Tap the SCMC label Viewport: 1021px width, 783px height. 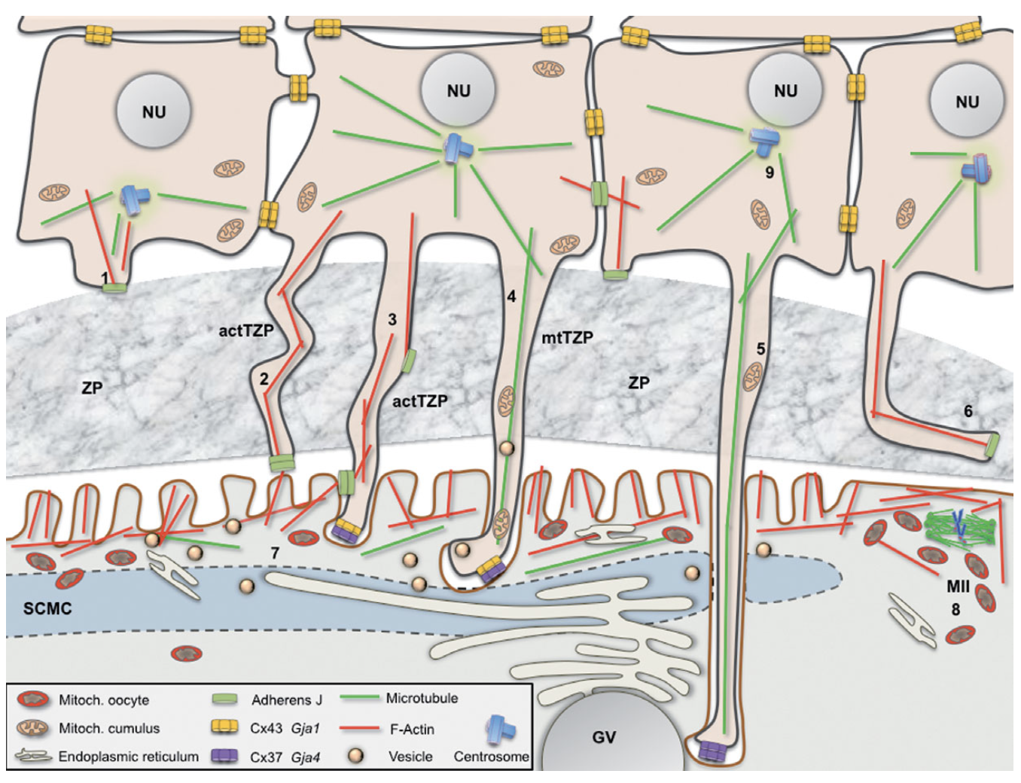click(47, 608)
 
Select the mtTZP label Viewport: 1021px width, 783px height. click(567, 337)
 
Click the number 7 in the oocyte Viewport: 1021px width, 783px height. click(275, 553)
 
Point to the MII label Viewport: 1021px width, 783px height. click(957, 586)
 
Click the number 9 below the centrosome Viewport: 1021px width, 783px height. click(769, 172)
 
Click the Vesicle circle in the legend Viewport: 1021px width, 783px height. click(356, 755)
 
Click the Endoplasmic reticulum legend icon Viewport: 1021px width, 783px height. click(34, 756)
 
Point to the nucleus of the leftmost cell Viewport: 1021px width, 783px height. click(154, 111)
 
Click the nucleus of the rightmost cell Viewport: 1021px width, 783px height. click(967, 101)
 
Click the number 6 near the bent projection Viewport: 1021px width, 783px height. click(968, 411)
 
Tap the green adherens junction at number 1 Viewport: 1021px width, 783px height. click(114, 287)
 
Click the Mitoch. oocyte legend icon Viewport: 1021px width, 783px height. click(34, 699)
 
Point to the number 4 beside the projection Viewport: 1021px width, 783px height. click(511, 297)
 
